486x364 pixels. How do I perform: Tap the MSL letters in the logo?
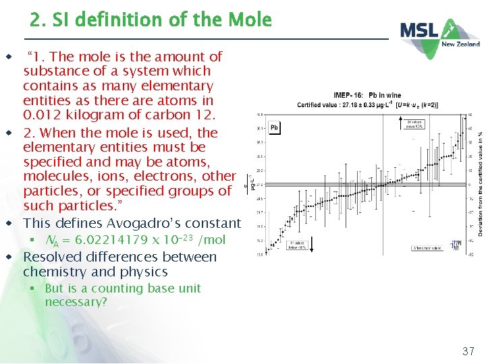(x=419, y=30)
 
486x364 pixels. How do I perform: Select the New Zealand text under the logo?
(x=460, y=44)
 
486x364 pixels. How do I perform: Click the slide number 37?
(x=468, y=351)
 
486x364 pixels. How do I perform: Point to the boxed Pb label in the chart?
(x=274, y=127)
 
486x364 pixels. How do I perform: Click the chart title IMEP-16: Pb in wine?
(x=367, y=96)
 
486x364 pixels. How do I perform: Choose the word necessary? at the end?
(x=76, y=302)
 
